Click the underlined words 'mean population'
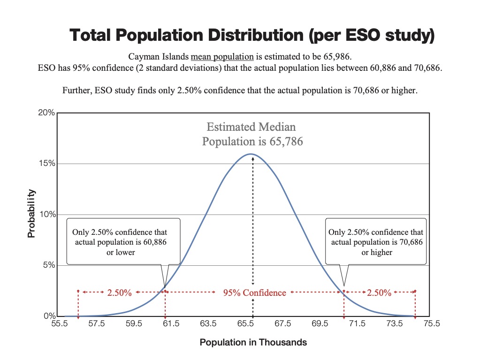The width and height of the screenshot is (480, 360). click(x=222, y=57)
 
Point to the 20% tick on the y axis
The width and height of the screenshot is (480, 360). click(x=47, y=113)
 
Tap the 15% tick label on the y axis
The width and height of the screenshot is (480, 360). click(x=47, y=164)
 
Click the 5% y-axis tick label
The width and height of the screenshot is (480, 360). click(x=49, y=265)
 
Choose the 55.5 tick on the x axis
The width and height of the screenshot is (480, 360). click(x=59, y=323)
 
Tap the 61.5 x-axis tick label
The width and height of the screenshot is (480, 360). click(x=171, y=323)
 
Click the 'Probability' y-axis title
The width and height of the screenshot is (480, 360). click(x=31, y=213)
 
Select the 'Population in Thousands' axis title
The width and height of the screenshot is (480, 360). click(x=253, y=342)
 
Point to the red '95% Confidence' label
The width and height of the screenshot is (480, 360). click(x=254, y=292)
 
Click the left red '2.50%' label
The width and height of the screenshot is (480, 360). click(x=119, y=292)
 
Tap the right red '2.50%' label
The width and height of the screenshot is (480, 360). click(x=379, y=292)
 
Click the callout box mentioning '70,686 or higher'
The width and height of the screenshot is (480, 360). click(x=376, y=241)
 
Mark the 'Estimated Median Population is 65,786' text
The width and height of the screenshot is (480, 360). click(x=252, y=134)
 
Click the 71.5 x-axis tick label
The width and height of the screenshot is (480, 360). click(x=357, y=323)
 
